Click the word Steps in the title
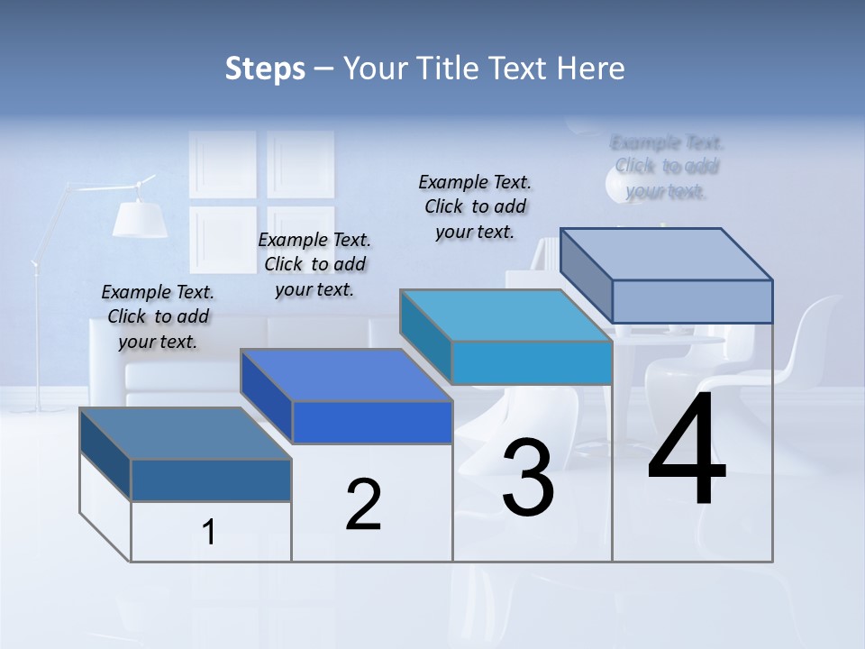click(x=265, y=69)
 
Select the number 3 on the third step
click(x=528, y=478)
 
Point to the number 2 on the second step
click(x=364, y=505)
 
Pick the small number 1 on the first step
click(x=209, y=532)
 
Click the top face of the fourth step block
click(x=667, y=253)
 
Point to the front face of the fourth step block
click(x=692, y=301)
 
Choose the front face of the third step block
click(x=532, y=363)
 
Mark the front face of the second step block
click(x=372, y=422)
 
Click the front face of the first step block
click(x=212, y=480)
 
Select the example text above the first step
click(x=159, y=316)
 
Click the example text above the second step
click(x=314, y=264)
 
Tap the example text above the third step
click(x=475, y=206)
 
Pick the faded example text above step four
click(x=667, y=167)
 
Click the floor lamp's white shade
click(x=140, y=217)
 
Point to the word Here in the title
click(x=592, y=69)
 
